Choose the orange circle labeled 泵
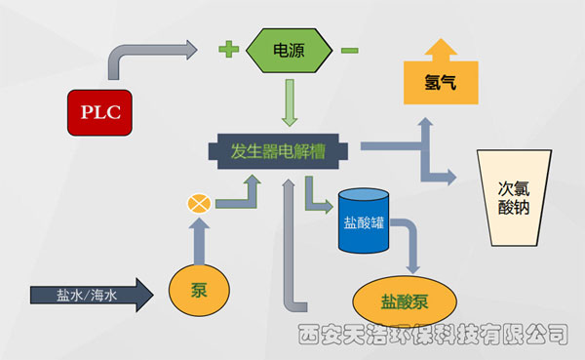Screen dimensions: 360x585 199,290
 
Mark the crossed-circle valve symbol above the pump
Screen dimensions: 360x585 199,204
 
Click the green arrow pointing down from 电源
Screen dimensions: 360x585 289,103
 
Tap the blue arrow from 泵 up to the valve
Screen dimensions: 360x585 199,239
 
